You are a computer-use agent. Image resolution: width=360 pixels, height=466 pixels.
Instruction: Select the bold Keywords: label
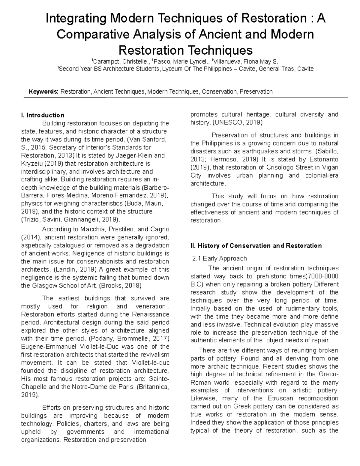pyautogui.click(x=43, y=92)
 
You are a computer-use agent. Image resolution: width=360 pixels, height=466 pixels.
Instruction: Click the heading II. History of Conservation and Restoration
pyautogui.click(x=256, y=246)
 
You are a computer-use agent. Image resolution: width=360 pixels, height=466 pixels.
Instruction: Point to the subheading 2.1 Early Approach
pyautogui.click(x=219, y=258)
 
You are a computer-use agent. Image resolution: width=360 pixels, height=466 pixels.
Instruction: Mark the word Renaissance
pyautogui.click(x=150, y=314)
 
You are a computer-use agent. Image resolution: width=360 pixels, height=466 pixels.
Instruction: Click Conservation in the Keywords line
pyautogui.click(x=219, y=92)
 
